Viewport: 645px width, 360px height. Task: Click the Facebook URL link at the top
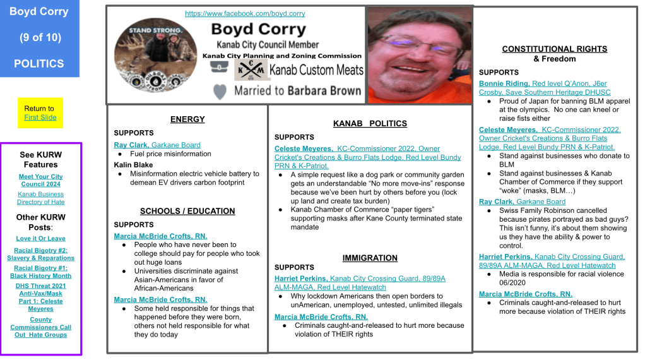pos(245,13)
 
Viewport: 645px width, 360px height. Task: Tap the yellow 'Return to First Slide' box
pos(40,113)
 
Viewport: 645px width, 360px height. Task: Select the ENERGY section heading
pos(187,119)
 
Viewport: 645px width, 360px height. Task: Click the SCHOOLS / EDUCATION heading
pos(187,211)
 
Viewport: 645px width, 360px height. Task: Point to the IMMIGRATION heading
pos(370,258)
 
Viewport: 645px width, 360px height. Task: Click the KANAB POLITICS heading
pos(370,123)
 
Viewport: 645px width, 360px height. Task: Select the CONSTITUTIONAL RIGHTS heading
pos(554,49)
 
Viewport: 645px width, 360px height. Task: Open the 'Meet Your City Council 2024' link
pos(40,181)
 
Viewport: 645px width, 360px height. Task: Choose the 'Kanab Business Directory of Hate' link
pos(40,198)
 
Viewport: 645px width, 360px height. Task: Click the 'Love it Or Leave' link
pos(40,239)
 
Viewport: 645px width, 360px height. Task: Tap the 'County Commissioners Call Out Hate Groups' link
pos(40,327)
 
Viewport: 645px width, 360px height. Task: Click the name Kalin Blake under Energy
pos(133,165)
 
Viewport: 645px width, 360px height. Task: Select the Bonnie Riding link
pos(504,83)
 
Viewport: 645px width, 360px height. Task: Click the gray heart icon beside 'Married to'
pos(220,92)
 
